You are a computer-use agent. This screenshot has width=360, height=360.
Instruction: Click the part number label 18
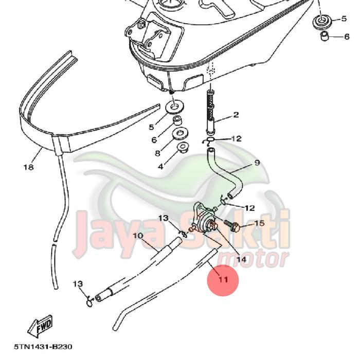tap(28, 167)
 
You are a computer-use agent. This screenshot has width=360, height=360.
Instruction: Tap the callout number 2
tap(236, 115)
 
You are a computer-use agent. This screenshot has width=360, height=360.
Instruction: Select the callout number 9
tap(257, 163)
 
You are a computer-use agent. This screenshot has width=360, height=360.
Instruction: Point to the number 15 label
tap(259, 223)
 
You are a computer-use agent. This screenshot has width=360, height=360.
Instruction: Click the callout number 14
tap(241, 260)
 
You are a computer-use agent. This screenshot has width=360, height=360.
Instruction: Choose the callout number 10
tap(138, 236)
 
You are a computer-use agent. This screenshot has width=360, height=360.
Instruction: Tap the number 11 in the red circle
tap(223, 280)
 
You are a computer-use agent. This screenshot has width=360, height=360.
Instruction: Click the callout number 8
tap(158, 153)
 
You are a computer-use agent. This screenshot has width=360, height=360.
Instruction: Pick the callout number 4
tap(160, 166)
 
